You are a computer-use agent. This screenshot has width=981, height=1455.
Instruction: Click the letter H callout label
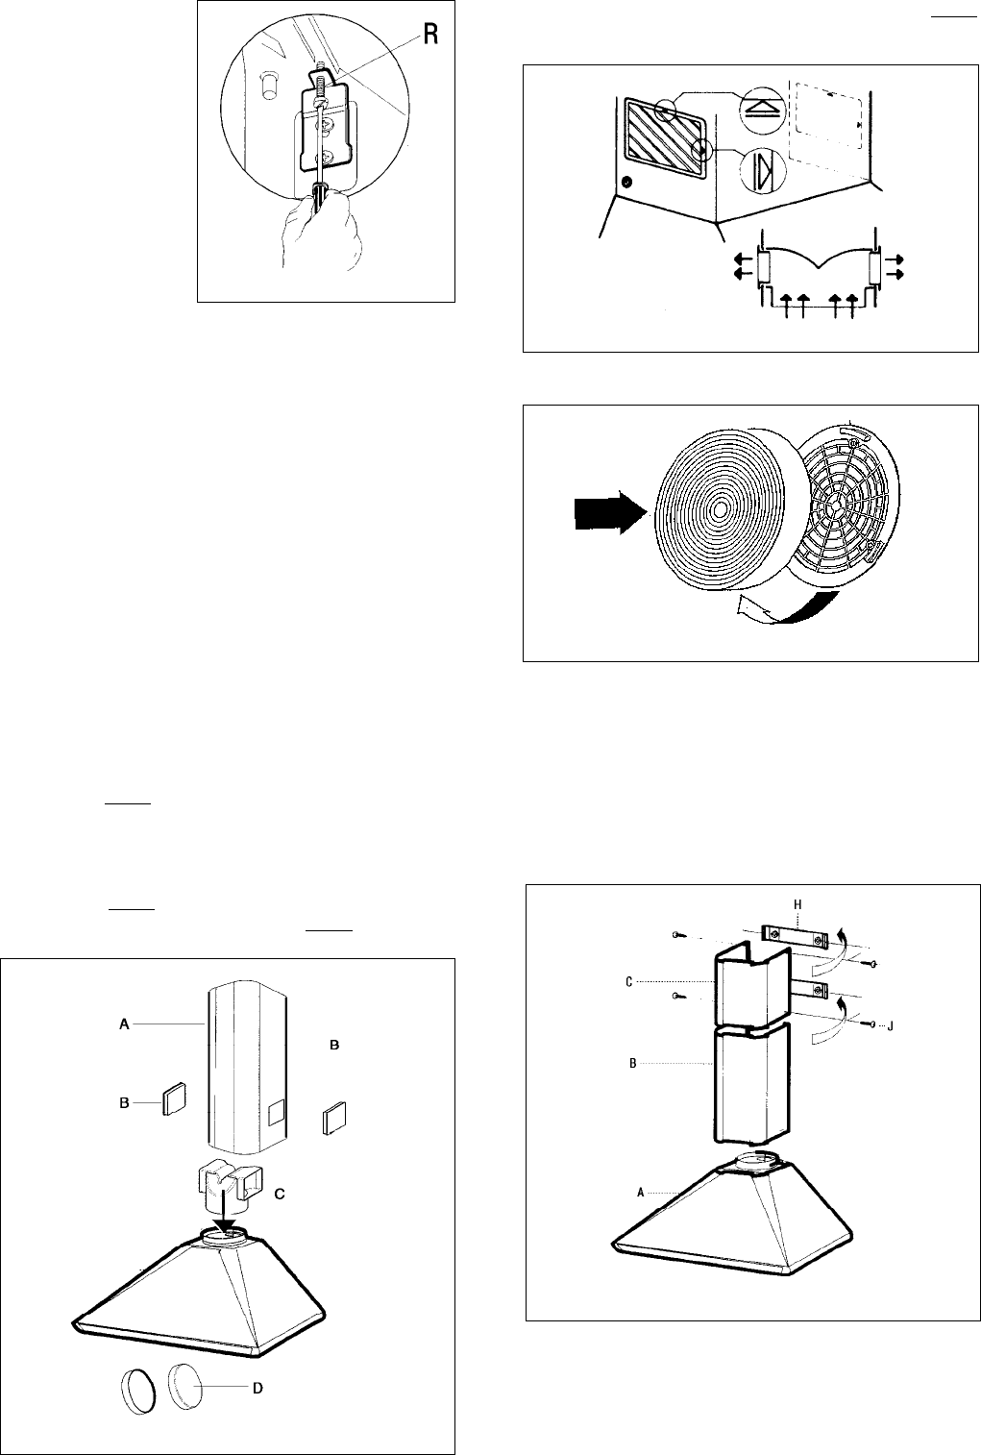coord(797,905)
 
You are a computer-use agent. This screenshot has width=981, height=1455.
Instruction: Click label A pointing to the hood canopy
coord(641,1191)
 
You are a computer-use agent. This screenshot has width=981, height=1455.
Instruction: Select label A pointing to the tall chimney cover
coord(123,1026)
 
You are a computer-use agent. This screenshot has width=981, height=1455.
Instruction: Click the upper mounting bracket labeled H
coord(795,935)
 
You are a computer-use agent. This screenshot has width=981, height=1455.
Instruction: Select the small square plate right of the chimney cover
coord(335,1119)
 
